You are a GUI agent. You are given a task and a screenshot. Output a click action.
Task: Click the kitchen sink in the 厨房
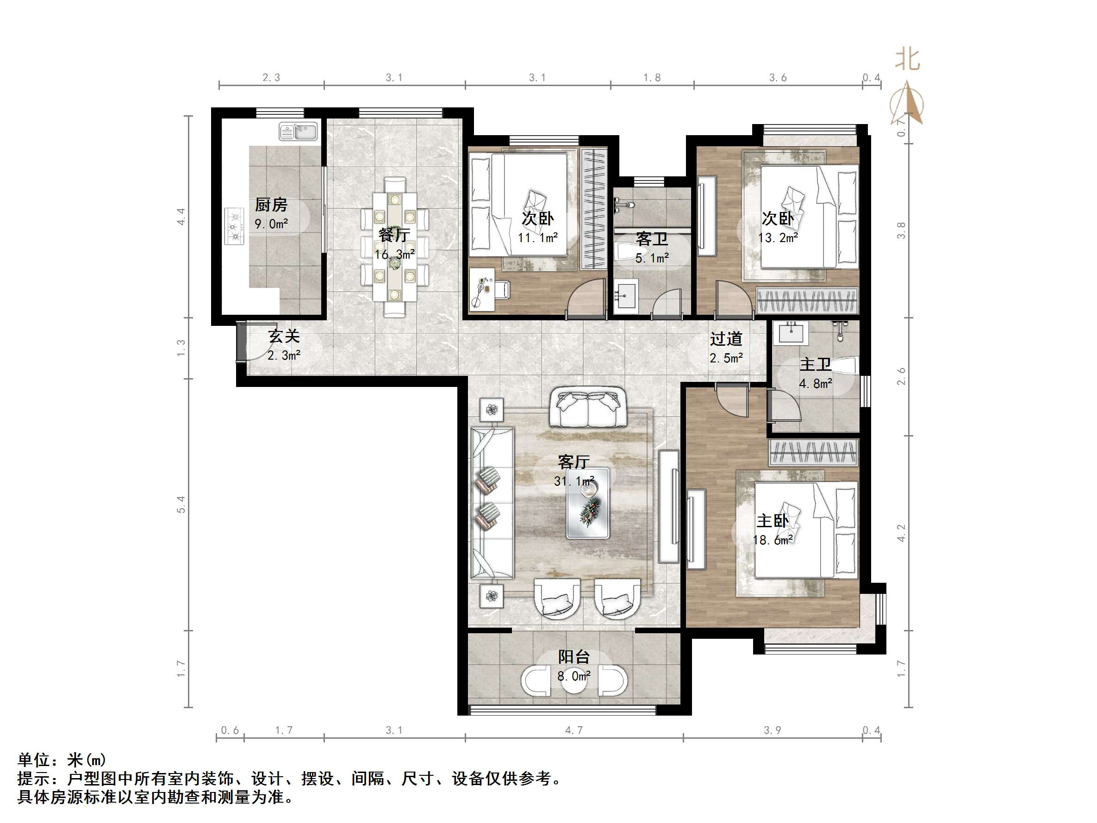point(298,132)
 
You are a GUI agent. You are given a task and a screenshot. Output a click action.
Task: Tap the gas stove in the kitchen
point(235,226)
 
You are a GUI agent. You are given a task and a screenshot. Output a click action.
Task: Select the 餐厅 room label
point(393,235)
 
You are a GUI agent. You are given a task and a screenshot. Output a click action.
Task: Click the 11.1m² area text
point(537,238)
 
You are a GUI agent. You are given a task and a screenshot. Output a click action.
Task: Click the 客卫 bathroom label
point(652,240)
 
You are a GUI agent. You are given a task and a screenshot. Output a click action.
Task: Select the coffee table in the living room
point(588,503)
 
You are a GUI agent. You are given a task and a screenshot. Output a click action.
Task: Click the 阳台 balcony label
point(574,657)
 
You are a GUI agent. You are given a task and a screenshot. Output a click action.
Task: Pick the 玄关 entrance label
point(284,337)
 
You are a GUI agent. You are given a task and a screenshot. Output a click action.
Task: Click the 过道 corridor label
point(726,339)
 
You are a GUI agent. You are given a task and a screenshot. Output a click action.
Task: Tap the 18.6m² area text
point(773,540)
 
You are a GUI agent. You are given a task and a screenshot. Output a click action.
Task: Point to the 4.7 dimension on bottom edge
point(574,730)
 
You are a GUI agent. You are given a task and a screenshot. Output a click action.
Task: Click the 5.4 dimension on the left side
point(181,504)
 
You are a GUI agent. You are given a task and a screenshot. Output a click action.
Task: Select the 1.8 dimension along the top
point(652,78)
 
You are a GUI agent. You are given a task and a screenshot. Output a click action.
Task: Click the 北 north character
point(908,60)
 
